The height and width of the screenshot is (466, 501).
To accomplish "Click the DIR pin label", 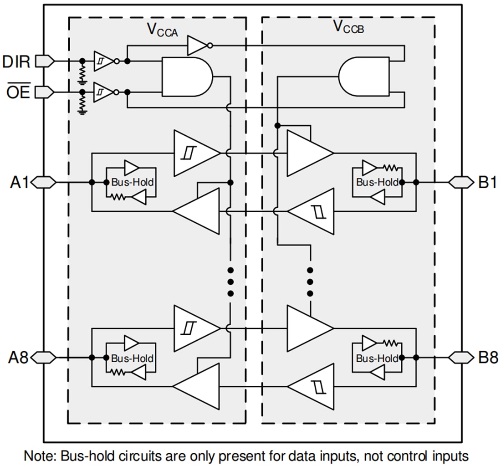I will pyautogui.click(x=16, y=61).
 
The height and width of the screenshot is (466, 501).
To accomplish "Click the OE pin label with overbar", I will pyautogui.click(x=17, y=92).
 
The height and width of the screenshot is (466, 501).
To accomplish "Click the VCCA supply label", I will pyautogui.click(x=162, y=30).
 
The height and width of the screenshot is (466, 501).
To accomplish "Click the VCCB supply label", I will pyautogui.click(x=348, y=27).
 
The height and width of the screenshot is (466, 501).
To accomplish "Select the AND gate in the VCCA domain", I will pyautogui.click(x=187, y=77).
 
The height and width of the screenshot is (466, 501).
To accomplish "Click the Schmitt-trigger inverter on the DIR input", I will pyautogui.click(x=103, y=61).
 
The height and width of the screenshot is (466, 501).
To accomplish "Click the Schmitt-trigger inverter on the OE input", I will pyautogui.click(x=103, y=92).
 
